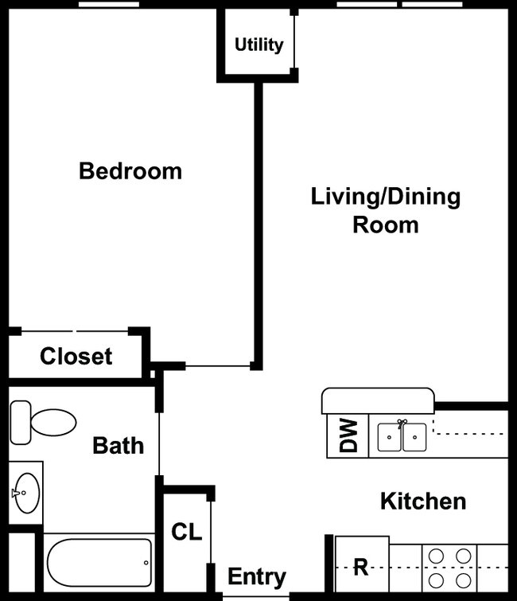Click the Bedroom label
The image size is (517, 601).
130,171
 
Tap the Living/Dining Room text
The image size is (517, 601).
385,210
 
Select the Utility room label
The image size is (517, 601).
258,45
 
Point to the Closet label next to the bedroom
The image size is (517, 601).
76,357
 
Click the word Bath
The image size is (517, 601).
119,445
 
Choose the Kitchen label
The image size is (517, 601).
422,501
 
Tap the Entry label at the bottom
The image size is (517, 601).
256,577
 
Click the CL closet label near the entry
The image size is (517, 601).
187,533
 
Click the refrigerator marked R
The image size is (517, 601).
361,567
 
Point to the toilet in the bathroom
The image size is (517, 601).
43,422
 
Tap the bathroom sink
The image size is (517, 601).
25,493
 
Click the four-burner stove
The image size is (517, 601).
449,567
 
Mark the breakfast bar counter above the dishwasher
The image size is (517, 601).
378,400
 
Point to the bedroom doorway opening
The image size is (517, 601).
218,366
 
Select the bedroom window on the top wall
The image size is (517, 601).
109,5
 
